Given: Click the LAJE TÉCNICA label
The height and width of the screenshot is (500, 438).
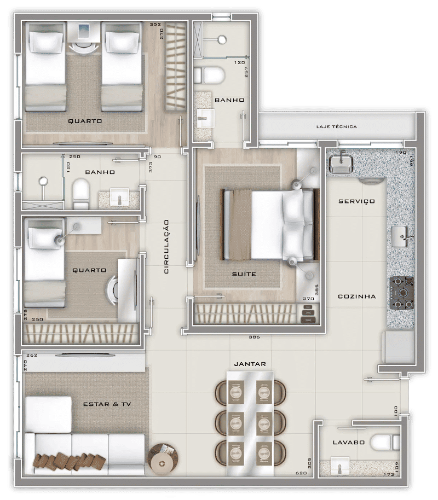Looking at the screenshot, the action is pyautogui.click(x=337, y=126).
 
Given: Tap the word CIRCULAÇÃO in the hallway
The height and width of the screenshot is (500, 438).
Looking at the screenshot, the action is pyautogui.click(x=166, y=247).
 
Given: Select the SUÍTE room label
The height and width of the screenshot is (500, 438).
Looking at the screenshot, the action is pyautogui.click(x=244, y=274).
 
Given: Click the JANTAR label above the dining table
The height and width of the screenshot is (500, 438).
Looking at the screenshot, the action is pyautogui.click(x=250, y=364).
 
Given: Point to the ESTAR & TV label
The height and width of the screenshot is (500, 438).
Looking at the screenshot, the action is pyautogui.click(x=107, y=404).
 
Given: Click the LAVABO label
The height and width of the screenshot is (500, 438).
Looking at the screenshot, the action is pyautogui.click(x=349, y=442).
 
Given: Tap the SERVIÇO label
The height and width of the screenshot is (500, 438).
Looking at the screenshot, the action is pyautogui.click(x=356, y=201).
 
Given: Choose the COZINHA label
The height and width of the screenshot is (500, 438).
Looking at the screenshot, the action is pyautogui.click(x=357, y=296).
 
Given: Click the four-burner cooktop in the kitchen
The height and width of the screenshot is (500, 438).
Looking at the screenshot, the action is pyautogui.click(x=402, y=293).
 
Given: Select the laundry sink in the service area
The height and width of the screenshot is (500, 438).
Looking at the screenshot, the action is pyautogui.click(x=341, y=164).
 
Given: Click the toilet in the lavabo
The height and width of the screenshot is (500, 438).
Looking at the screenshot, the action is pyautogui.click(x=385, y=443).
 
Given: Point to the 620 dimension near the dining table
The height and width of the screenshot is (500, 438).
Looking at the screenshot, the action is pyautogui.click(x=301, y=473).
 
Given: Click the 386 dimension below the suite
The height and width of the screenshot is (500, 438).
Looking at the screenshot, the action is pyautogui.click(x=254, y=337).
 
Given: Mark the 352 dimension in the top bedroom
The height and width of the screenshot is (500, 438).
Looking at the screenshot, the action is pyautogui.click(x=155, y=24).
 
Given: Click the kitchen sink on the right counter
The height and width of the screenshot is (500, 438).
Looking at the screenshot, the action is pyautogui.click(x=401, y=236).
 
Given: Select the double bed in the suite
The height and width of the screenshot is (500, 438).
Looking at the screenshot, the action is pyautogui.click(x=270, y=224).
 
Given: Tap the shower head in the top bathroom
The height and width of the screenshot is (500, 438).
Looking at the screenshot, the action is pyautogui.click(x=222, y=39).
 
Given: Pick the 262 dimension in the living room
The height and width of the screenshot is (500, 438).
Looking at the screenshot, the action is pyautogui.click(x=32, y=355).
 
